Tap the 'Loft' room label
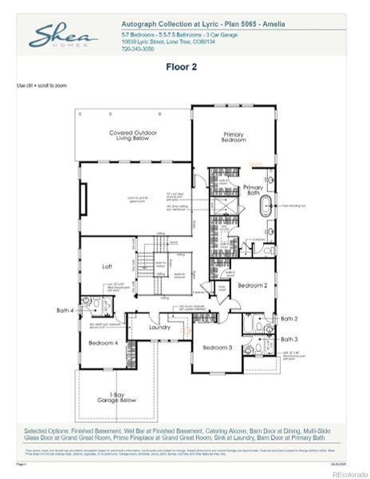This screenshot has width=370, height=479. click(107, 267)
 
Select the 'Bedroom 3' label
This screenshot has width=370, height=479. click(216, 347)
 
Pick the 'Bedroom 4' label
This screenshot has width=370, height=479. click(103, 342)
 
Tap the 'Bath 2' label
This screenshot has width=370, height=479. click(289, 319)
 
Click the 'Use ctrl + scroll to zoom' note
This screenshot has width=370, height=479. click(41, 84)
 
